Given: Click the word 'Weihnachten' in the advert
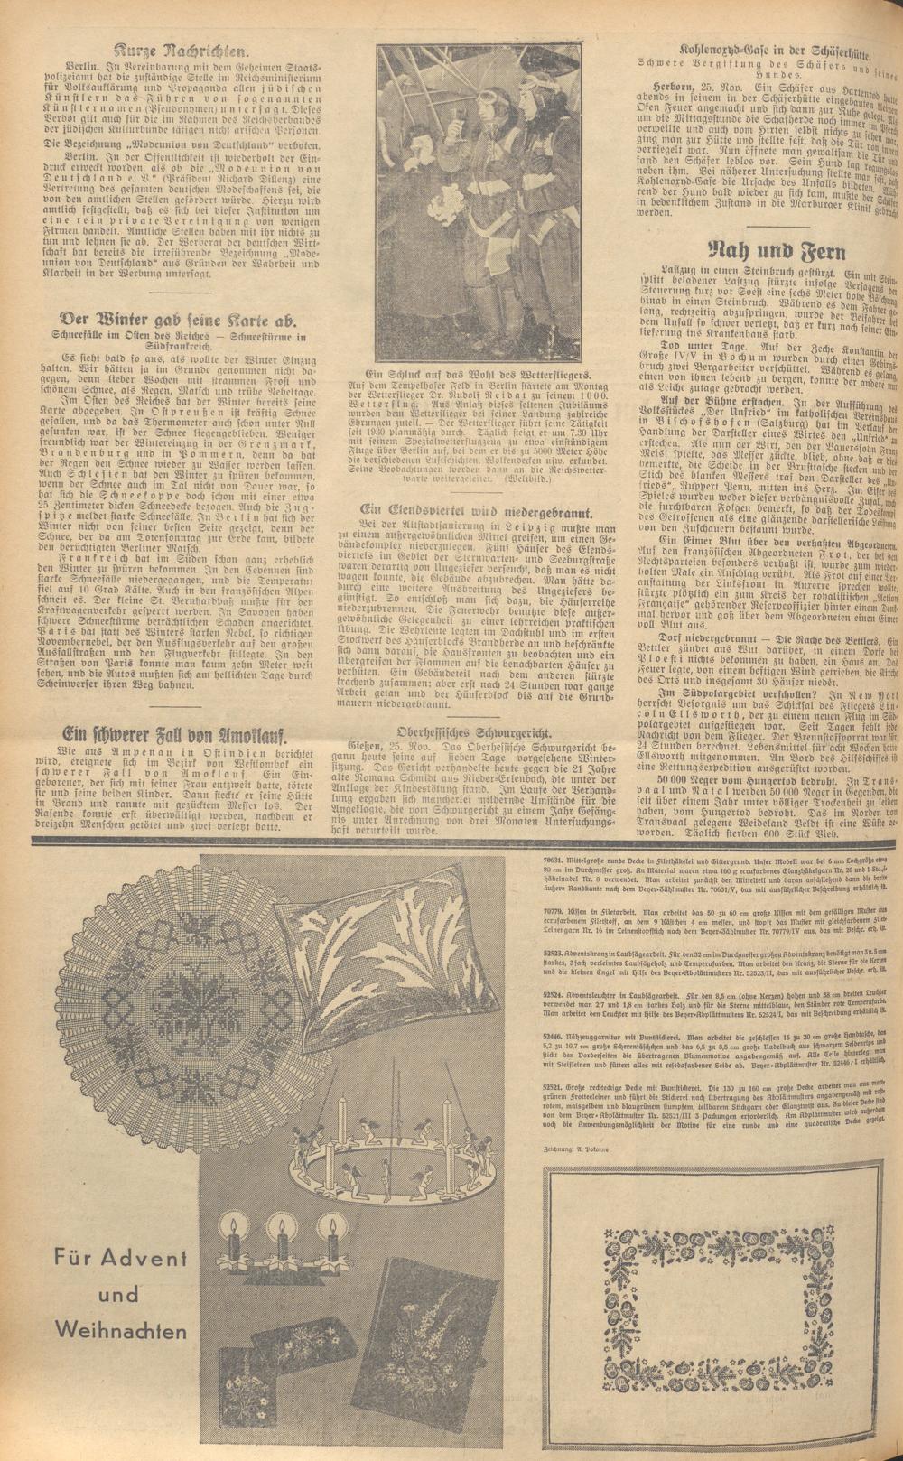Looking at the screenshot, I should [121, 1330].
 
